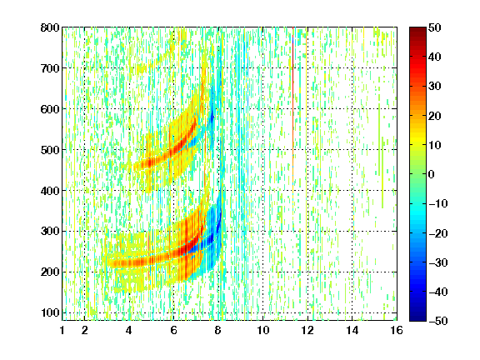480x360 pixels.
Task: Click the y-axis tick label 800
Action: (x=50, y=27)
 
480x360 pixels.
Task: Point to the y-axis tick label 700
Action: (x=50, y=68)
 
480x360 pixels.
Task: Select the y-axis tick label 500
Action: (x=50, y=150)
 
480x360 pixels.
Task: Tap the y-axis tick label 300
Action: (x=50, y=232)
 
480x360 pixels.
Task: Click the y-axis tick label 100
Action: (x=50, y=312)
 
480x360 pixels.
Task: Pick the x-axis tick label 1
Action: (x=62, y=330)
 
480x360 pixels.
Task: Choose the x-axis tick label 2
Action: (x=84, y=330)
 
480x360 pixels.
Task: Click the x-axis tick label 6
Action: (x=173, y=330)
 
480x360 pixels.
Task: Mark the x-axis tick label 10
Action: (x=262, y=330)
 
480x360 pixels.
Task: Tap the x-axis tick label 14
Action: (x=352, y=330)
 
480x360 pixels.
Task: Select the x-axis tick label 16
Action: (x=397, y=330)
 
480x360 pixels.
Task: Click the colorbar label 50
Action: (x=434, y=27)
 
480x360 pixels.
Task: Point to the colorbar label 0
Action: (x=432, y=174)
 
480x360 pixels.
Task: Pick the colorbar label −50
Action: (x=438, y=321)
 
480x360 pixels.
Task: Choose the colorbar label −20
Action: (x=438, y=233)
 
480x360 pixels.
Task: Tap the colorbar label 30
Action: (x=434, y=87)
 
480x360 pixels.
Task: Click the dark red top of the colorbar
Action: (x=417, y=32)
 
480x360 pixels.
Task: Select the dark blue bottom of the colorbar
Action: (x=417, y=315)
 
